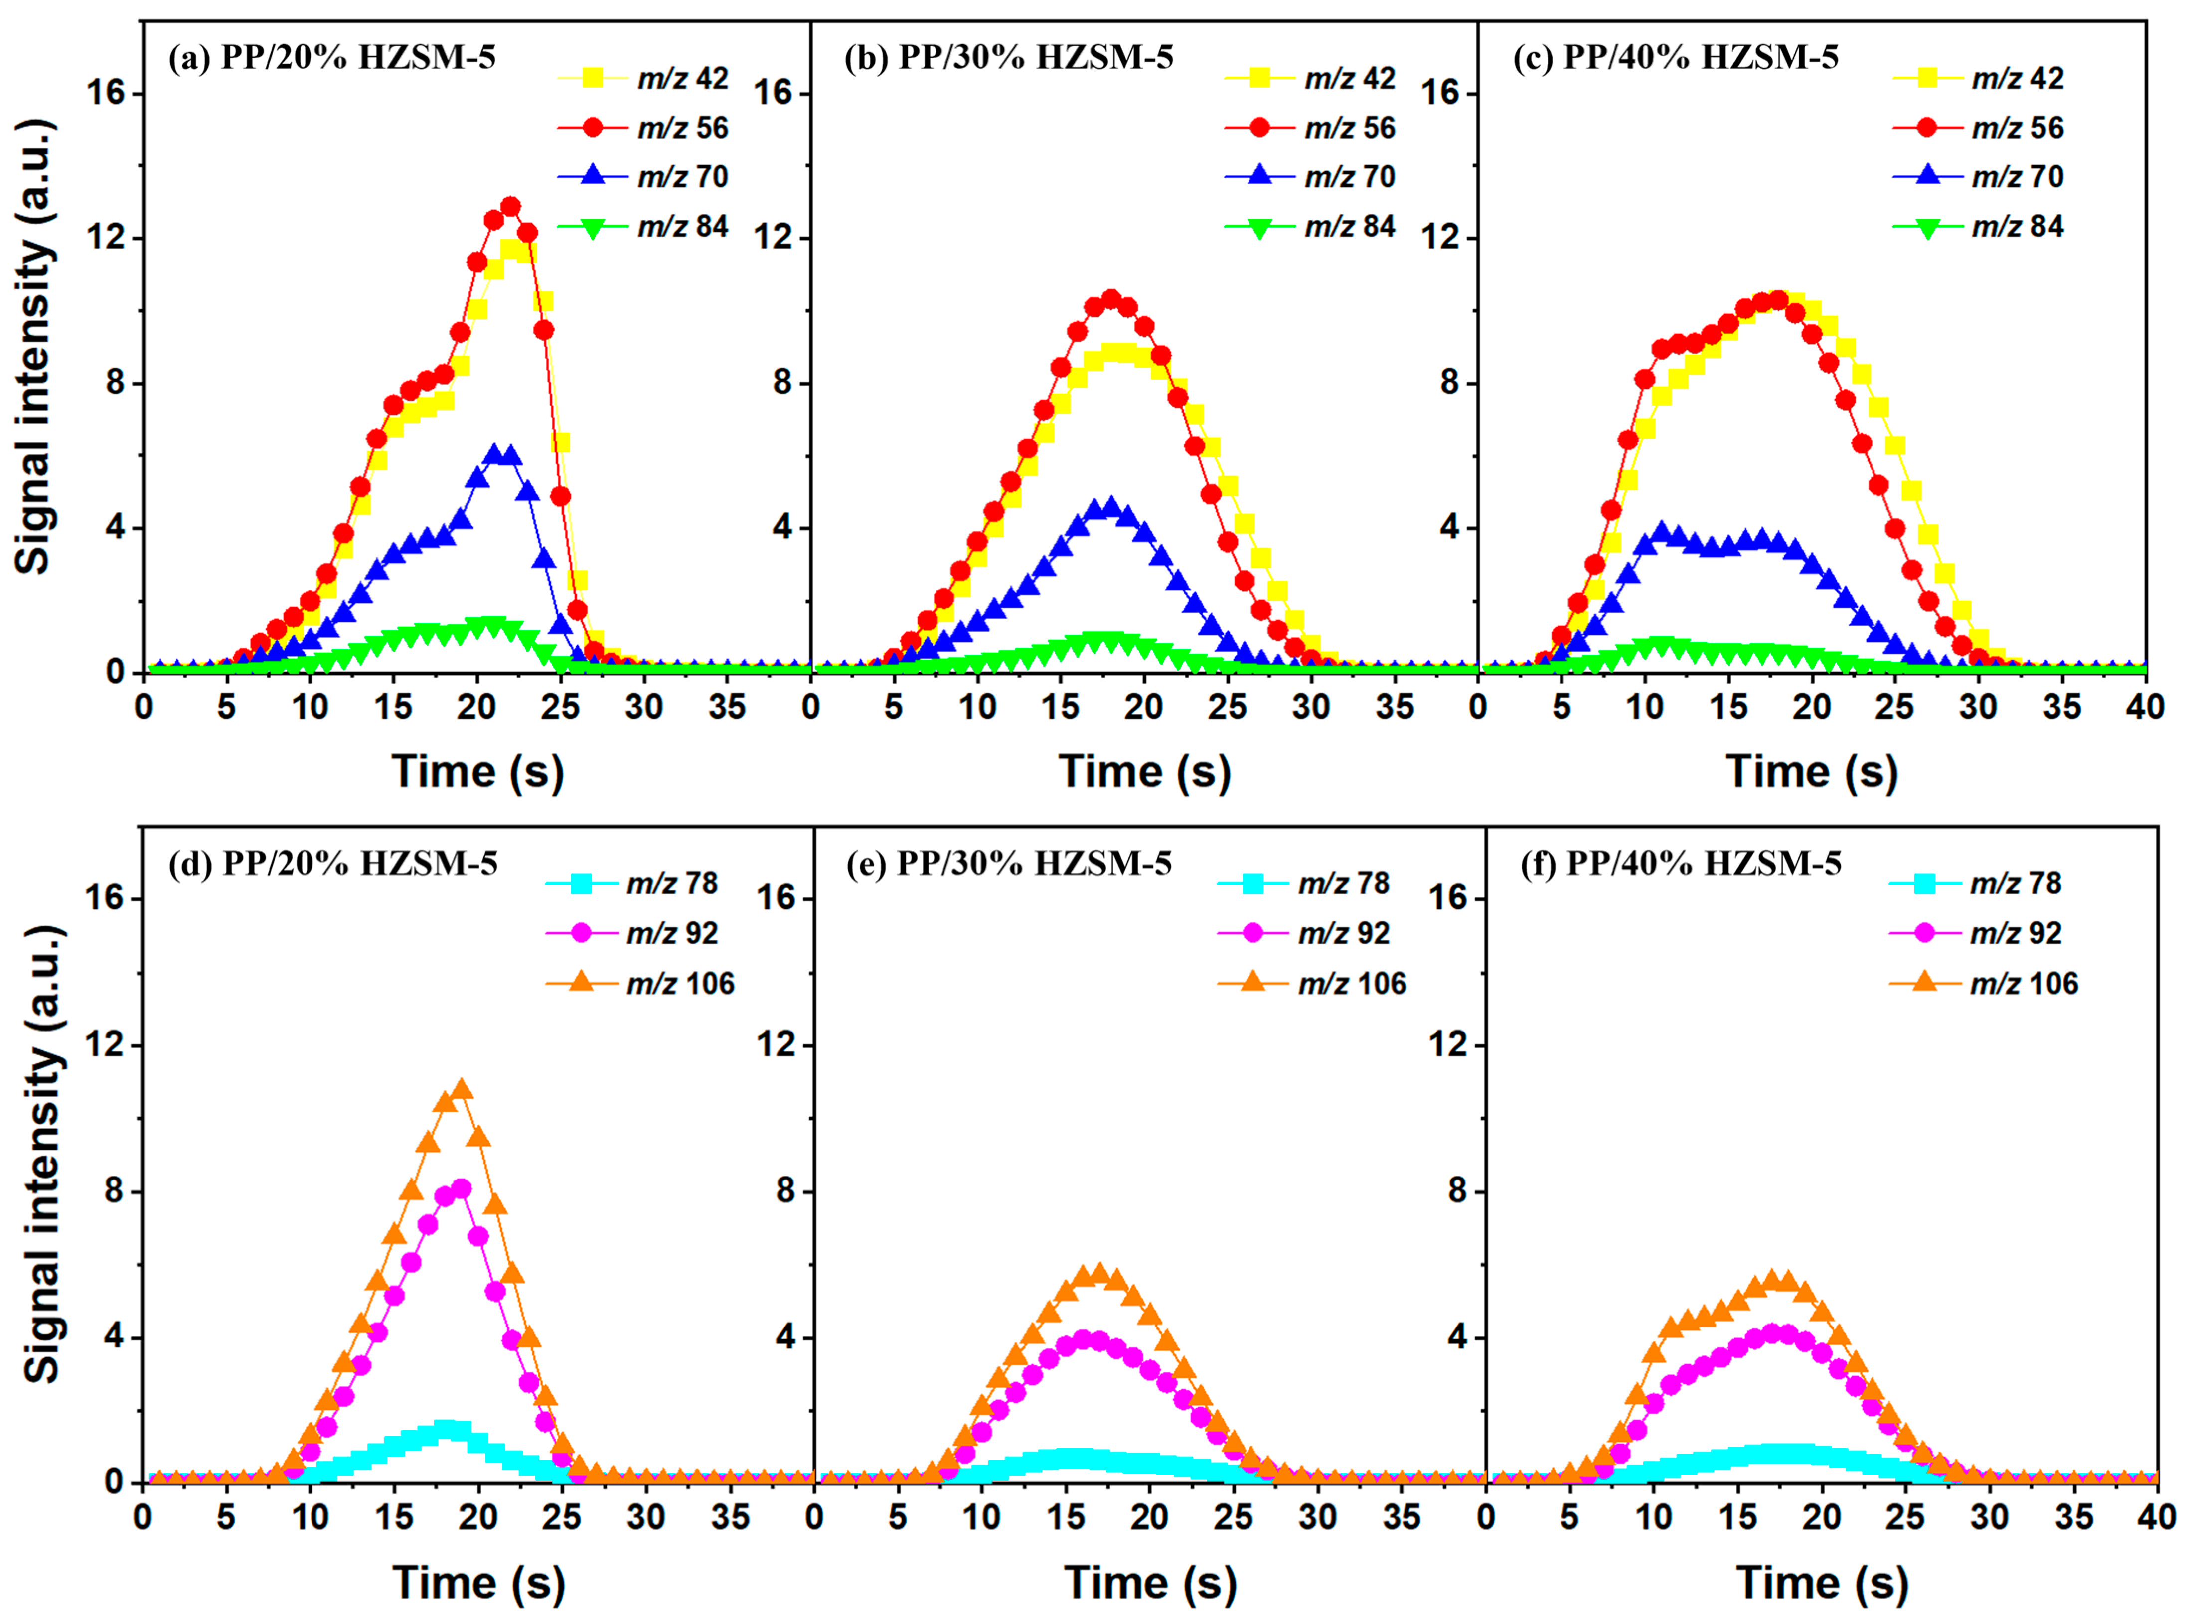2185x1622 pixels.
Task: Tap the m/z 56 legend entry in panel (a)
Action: (643, 128)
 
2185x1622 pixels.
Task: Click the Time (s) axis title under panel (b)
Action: (1144, 772)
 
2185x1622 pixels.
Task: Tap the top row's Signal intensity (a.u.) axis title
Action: (34, 346)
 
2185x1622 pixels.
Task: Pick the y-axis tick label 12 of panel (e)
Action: (776, 1044)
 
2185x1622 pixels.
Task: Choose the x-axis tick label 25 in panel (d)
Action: (562, 1517)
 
